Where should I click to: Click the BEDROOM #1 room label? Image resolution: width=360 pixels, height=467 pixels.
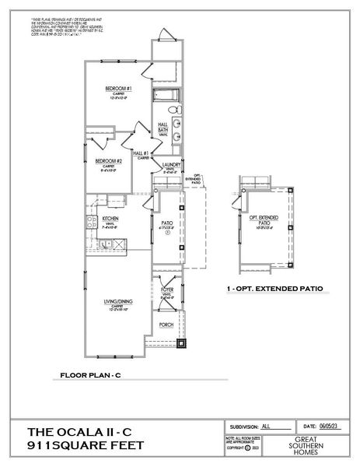tap(117, 90)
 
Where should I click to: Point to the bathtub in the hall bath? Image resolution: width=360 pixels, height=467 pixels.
tap(166, 97)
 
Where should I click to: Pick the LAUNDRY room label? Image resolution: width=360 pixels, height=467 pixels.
tap(171, 166)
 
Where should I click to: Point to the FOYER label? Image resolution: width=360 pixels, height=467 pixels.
tap(167, 291)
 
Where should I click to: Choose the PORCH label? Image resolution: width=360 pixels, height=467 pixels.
tap(166, 325)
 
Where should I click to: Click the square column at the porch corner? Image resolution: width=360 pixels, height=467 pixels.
tap(181, 342)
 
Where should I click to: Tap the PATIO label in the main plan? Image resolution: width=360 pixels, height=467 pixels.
tap(166, 223)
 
